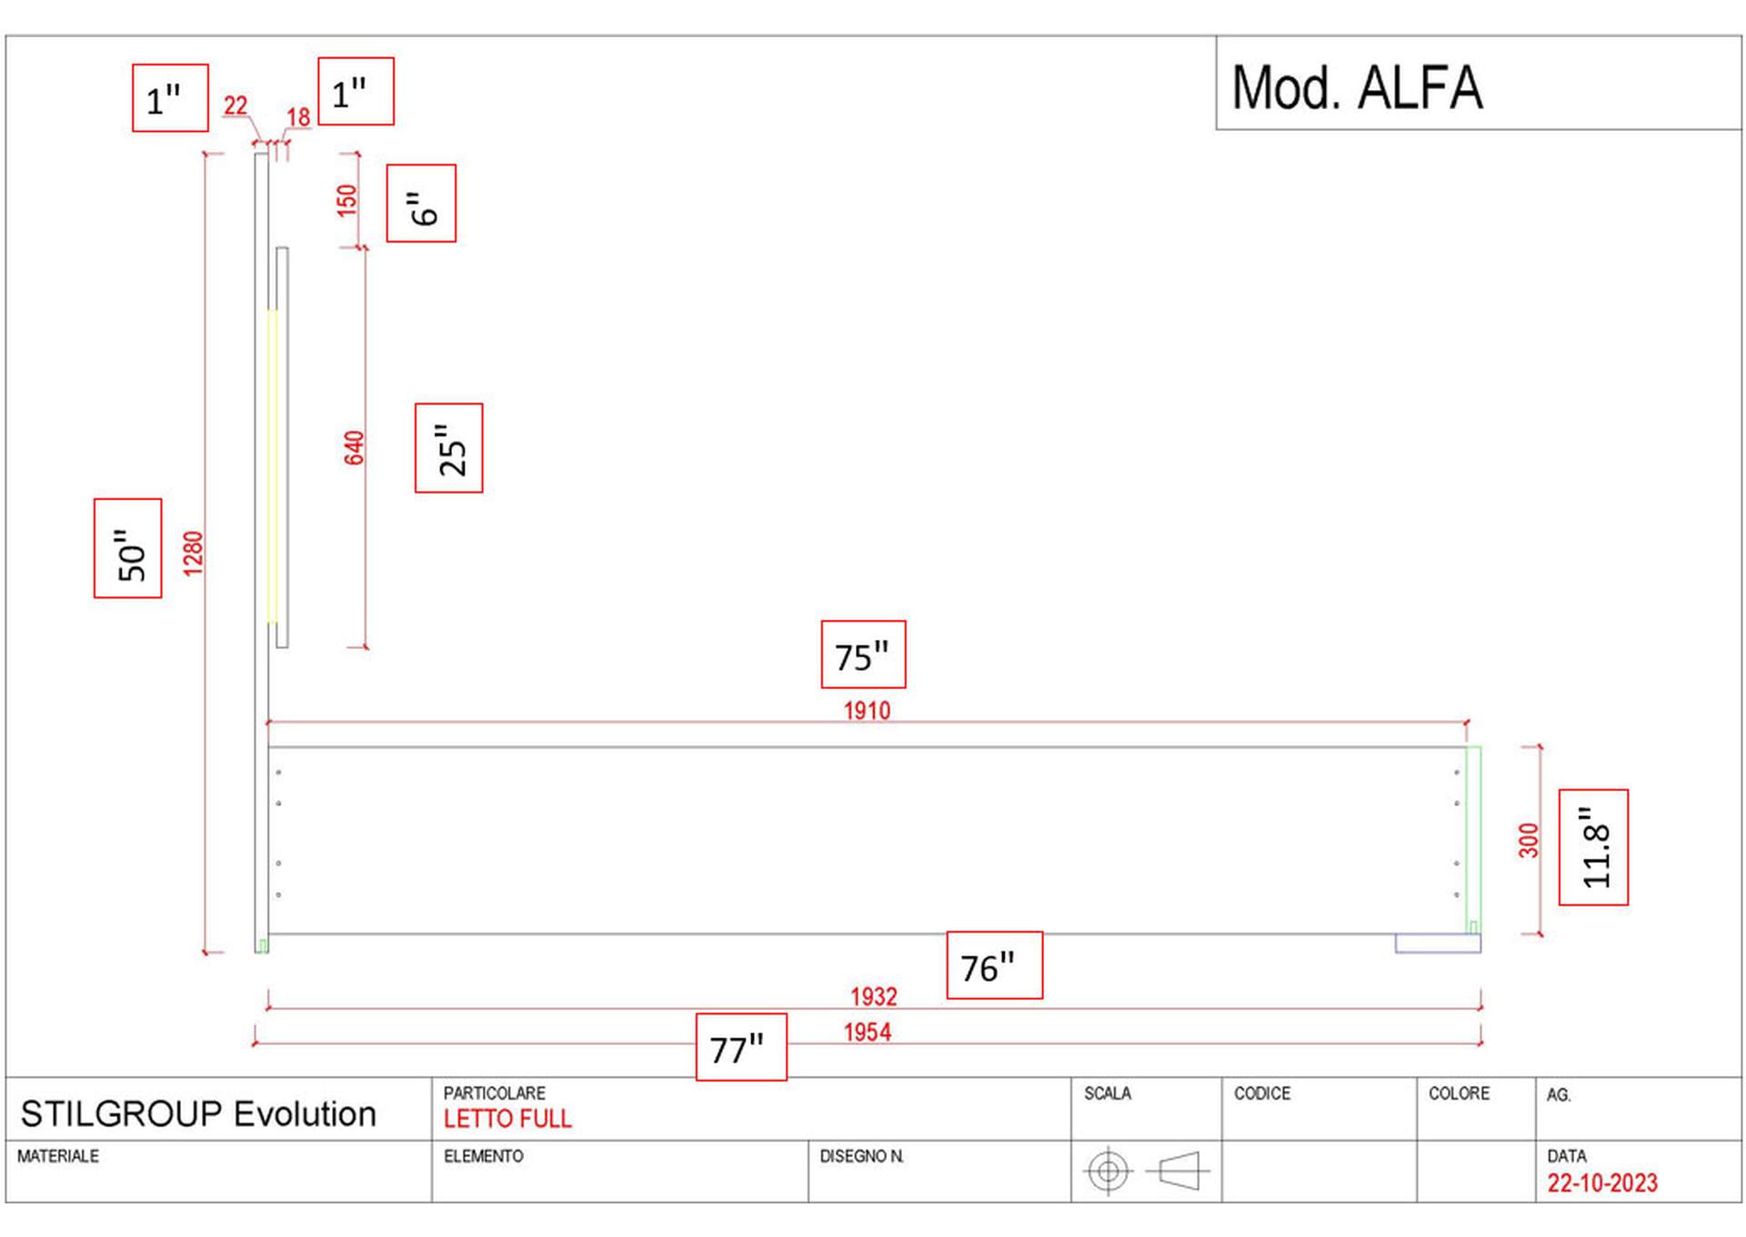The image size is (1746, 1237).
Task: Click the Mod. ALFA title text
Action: coord(1357,88)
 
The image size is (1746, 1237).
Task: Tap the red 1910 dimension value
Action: coord(867,711)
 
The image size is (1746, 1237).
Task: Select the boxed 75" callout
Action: coord(863,654)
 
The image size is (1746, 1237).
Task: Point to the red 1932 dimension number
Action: coord(873,997)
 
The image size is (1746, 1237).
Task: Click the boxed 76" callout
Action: coord(994,965)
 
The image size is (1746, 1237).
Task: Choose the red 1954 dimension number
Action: coord(867,1032)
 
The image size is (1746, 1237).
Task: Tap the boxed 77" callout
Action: coord(741,1047)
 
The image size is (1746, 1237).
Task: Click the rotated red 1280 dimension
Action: coord(193,553)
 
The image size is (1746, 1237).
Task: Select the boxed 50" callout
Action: coord(128,548)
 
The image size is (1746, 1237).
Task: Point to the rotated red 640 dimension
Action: coord(354,448)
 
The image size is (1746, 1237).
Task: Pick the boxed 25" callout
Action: coord(449,448)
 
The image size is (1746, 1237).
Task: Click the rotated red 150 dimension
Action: coord(346,200)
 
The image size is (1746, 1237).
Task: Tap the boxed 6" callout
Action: coord(421,204)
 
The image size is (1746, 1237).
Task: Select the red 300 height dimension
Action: coord(1529,840)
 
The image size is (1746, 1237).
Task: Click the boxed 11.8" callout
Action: coord(1593,847)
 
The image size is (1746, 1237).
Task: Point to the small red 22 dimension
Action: coord(236,106)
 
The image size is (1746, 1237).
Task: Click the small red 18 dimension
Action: coord(298,117)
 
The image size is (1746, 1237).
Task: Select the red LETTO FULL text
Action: coord(507,1119)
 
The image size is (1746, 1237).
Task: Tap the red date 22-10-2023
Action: coord(1602,1182)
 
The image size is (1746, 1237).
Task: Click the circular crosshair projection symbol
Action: coord(1108,1171)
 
